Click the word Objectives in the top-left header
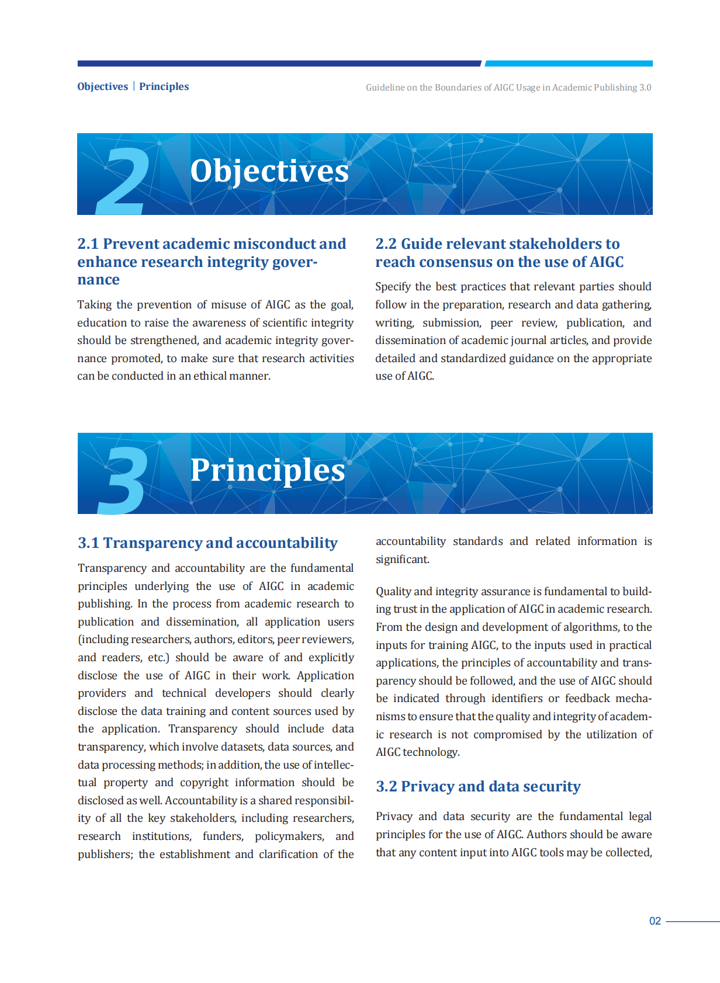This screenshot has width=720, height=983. click(x=102, y=86)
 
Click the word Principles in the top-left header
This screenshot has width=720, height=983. click(x=164, y=86)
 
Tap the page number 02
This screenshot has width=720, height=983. click(x=655, y=921)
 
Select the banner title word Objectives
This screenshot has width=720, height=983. click(x=269, y=171)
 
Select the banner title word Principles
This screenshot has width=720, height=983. click(x=268, y=470)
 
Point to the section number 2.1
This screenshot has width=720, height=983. click(x=88, y=244)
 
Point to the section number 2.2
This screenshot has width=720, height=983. click(x=386, y=244)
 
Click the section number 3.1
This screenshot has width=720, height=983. click(x=88, y=543)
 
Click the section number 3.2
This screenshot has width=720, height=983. click(x=386, y=787)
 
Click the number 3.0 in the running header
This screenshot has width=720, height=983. click(x=645, y=88)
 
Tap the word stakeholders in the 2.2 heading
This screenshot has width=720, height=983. click(x=547, y=244)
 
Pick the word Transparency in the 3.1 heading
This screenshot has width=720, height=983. click(x=152, y=543)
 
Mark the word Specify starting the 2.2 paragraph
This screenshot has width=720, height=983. click(x=393, y=287)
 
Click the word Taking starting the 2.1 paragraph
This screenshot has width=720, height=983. click(x=94, y=305)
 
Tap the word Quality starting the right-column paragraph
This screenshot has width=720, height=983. click(x=394, y=592)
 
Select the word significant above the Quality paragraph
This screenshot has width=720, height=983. click(x=402, y=560)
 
